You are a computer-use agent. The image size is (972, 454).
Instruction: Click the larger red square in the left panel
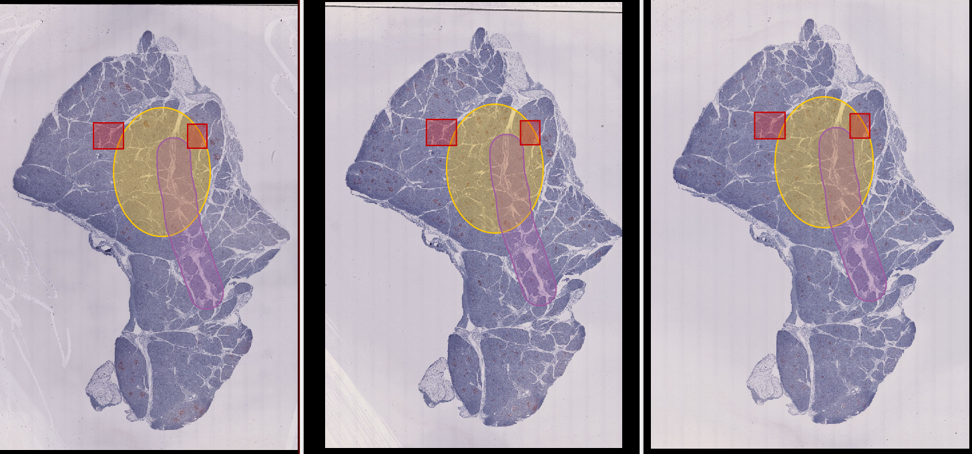108,136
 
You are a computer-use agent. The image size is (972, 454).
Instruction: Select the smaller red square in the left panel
197,136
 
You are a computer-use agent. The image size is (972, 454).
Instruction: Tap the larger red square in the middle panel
441,132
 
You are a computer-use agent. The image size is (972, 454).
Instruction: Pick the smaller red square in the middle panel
530,132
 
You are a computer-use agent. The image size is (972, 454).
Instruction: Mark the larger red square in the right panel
770,126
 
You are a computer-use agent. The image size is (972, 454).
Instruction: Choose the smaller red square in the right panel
860,126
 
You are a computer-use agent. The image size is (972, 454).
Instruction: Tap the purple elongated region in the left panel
200,267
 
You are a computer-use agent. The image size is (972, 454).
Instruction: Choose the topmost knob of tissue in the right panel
808,29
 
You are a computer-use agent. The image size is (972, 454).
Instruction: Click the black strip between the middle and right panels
632,227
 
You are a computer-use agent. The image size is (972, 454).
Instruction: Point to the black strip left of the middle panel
314,227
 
